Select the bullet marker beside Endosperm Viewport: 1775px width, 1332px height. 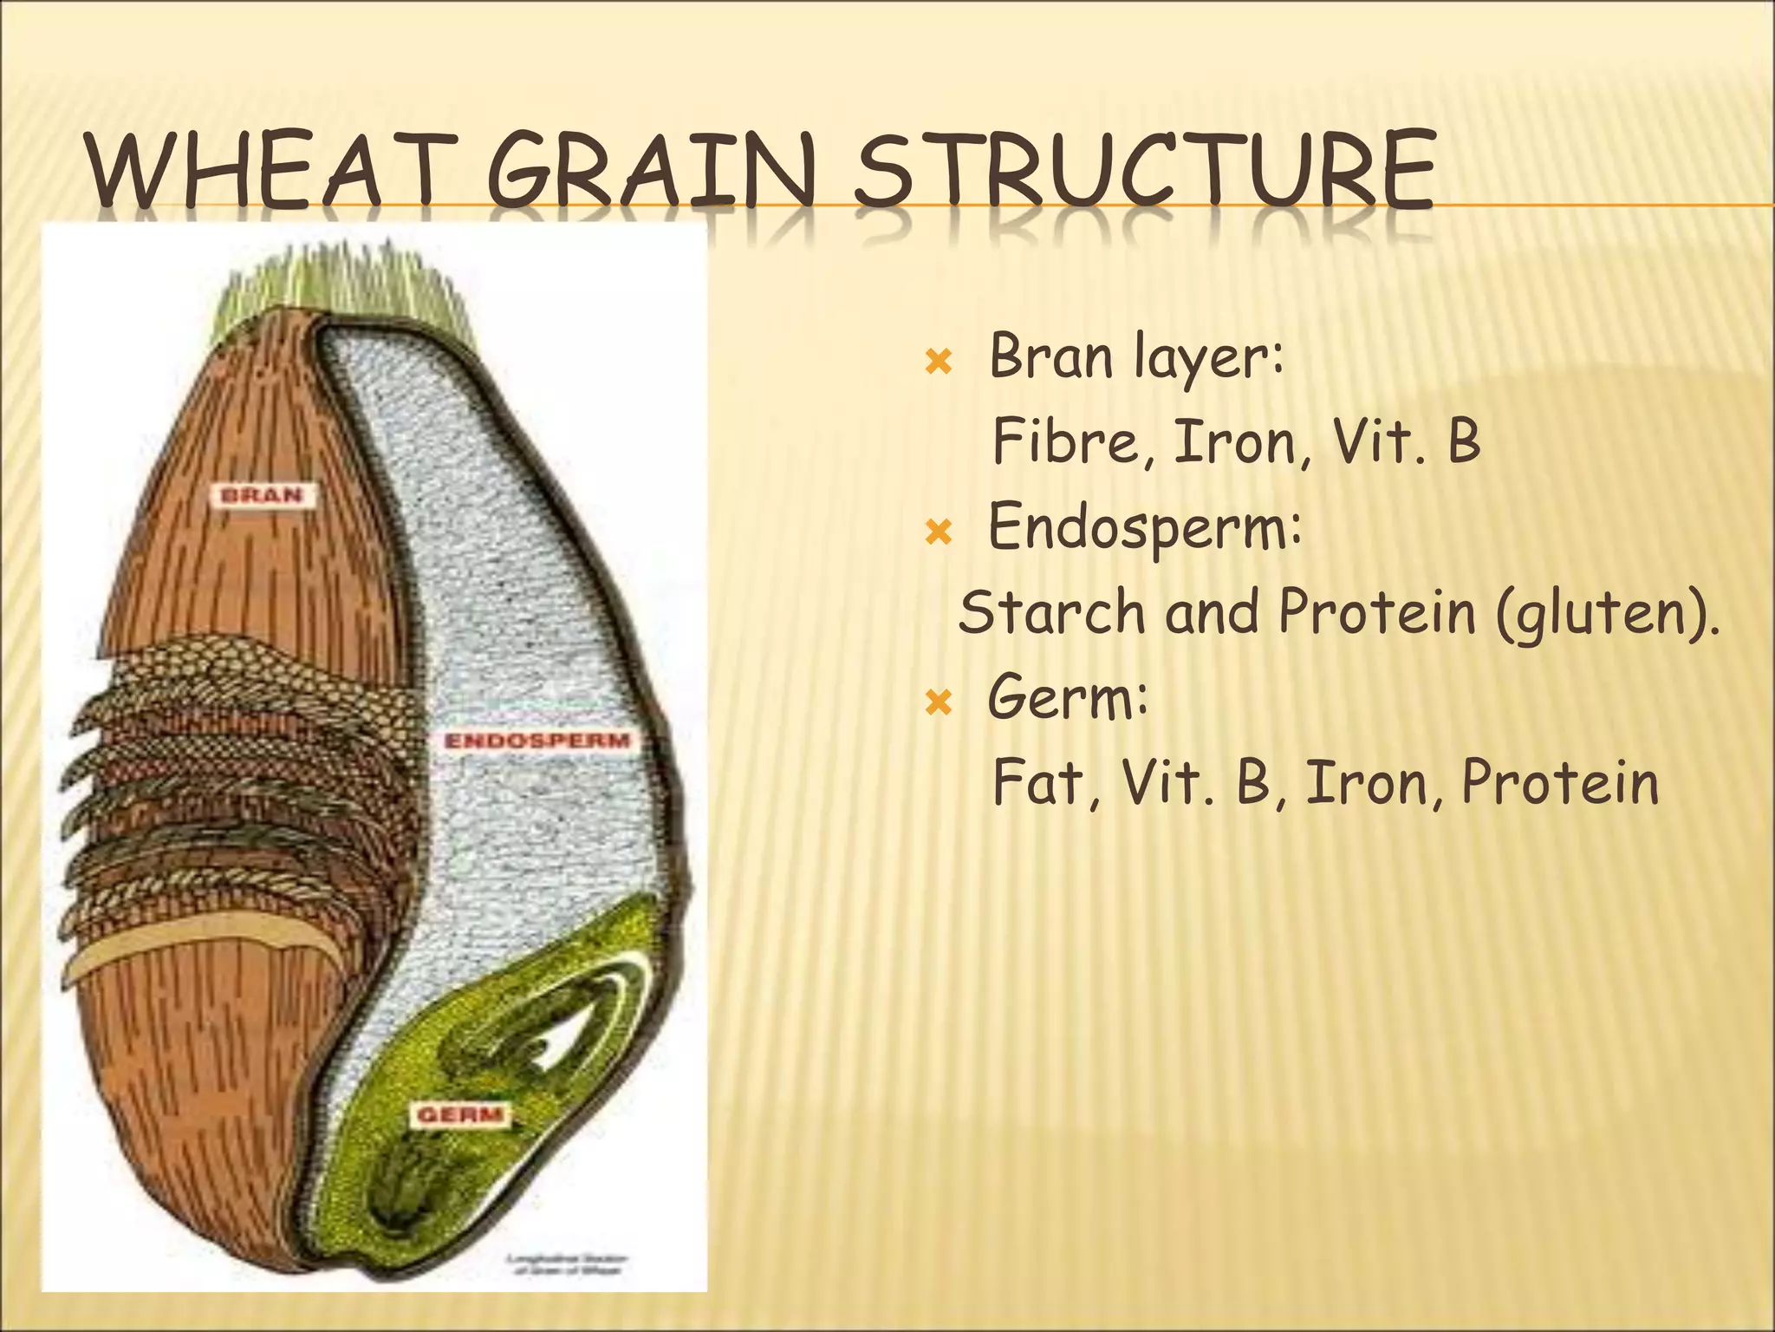pyautogui.click(x=939, y=530)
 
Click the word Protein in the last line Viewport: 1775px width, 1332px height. pyautogui.click(x=1559, y=782)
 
